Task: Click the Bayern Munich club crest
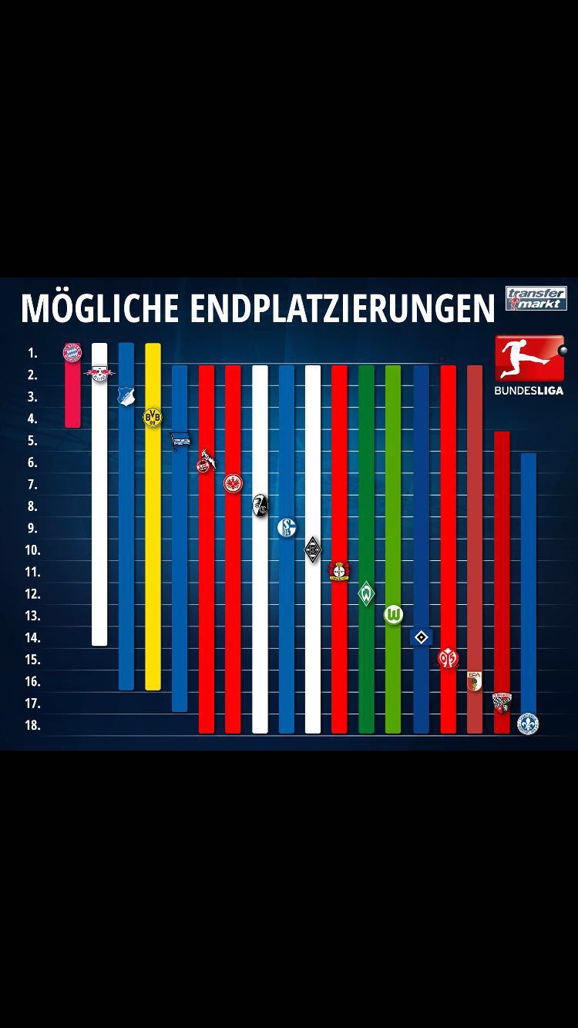pos(72,352)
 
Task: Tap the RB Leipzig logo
pos(99,375)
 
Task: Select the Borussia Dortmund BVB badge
pos(153,418)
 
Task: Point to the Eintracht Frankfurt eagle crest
pos(233,483)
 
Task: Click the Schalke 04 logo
pos(287,527)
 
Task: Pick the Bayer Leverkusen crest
pos(339,570)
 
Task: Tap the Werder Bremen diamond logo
pos(367,593)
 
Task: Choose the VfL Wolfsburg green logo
pos(393,614)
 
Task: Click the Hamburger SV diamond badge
pos(421,637)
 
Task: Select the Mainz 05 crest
pos(448,658)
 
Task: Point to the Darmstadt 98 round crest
pos(528,724)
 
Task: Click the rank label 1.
pos(32,353)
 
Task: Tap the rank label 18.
pos(32,725)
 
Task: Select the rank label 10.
pos(32,550)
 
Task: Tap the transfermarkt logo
pos(536,298)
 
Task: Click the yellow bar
pos(153,555)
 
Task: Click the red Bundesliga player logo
pos(529,358)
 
